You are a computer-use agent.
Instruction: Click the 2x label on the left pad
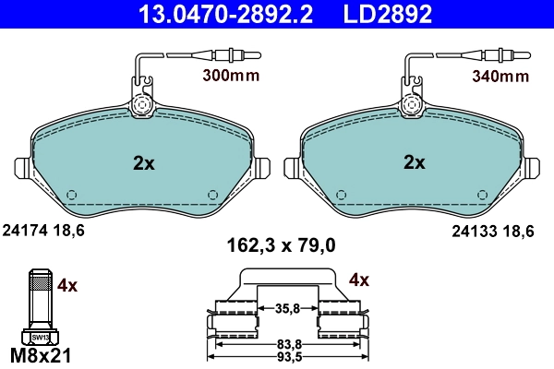[143, 163]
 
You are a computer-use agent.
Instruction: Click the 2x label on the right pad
[414, 163]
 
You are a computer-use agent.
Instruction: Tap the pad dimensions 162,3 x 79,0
[281, 245]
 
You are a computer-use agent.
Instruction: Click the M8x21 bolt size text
[39, 355]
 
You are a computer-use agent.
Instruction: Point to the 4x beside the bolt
[67, 285]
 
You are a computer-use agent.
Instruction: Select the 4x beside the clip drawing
[359, 279]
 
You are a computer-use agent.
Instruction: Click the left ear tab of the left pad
[25, 169]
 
